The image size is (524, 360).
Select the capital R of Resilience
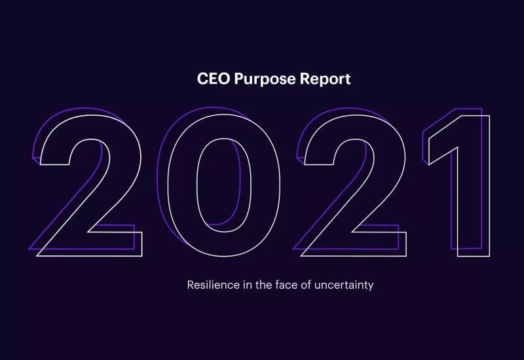[x=191, y=285]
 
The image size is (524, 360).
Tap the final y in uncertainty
[x=370, y=286]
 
